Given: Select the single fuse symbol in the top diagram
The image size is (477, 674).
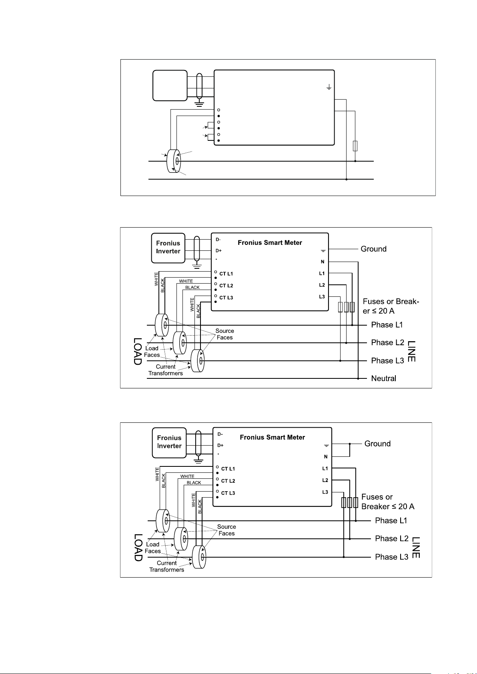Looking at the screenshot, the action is click(x=355, y=146).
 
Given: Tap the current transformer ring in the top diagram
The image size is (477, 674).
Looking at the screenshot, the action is click(x=174, y=161).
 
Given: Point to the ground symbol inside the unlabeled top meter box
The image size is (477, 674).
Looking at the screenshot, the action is click(x=329, y=87).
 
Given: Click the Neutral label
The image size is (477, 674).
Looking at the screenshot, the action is click(x=383, y=378).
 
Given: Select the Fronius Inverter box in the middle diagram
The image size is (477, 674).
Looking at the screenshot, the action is click(x=168, y=248).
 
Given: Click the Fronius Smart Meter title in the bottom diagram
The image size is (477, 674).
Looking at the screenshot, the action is click(x=273, y=437).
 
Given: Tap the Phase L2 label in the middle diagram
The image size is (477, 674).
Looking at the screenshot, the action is click(x=388, y=342).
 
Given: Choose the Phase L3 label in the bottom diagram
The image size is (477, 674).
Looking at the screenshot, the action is click(x=391, y=557).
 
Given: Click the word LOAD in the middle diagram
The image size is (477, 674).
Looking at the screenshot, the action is click(x=137, y=351).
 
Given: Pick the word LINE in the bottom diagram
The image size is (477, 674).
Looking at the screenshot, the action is click(x=416, y=547).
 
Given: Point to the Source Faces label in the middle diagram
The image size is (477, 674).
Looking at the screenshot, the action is click(x=225, y=334).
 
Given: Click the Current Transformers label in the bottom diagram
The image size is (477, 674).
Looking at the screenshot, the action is click(x=166, y=566).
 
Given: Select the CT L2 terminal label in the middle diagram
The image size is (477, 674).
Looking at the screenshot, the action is click(x=226, y=286).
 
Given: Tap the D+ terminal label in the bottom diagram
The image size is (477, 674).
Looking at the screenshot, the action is click(x=220, y=445).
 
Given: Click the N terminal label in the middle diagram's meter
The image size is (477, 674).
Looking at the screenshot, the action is click(x=323, y=262).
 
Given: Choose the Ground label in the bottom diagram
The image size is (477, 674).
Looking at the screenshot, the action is click(x=377, y=444).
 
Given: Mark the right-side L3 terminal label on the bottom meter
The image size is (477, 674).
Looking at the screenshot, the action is click(x=325, y=492).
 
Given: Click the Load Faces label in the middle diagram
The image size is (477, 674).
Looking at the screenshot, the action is click(x=152, y=352).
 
